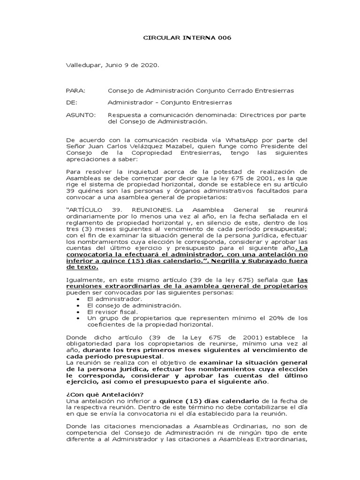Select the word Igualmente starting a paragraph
(84, 280)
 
